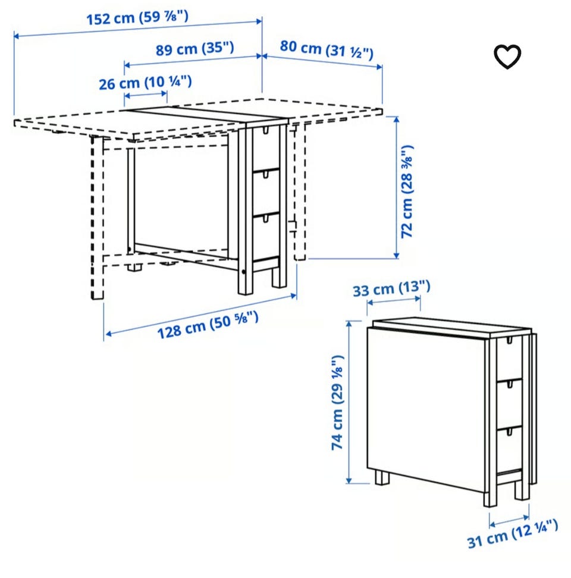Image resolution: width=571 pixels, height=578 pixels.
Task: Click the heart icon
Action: tap(507, 56)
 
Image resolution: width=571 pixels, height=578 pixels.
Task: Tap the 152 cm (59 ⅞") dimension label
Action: tap(137, 17)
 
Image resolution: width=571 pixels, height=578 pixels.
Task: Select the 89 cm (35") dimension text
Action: tap(194, 49)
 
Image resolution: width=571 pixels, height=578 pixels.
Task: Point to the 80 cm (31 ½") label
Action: tap(327, 49)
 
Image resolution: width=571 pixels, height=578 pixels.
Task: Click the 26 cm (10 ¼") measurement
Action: tap(145, 83)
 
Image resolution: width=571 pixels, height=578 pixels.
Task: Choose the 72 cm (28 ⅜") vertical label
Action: tap(407, 191)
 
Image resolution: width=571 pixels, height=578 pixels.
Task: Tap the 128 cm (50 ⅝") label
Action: tap(208, 325)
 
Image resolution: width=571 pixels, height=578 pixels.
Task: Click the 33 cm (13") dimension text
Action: tap(391, 288)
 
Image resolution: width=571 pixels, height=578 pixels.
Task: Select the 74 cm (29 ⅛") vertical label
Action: tap(337, 403)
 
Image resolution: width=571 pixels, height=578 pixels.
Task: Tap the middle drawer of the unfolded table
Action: tap(266, 193)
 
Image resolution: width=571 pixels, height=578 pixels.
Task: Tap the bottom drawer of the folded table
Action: tap(510, 450)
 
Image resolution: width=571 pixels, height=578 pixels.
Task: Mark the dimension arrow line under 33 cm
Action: tap(394, 301)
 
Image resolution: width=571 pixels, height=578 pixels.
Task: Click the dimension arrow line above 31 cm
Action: tap(509, 520)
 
